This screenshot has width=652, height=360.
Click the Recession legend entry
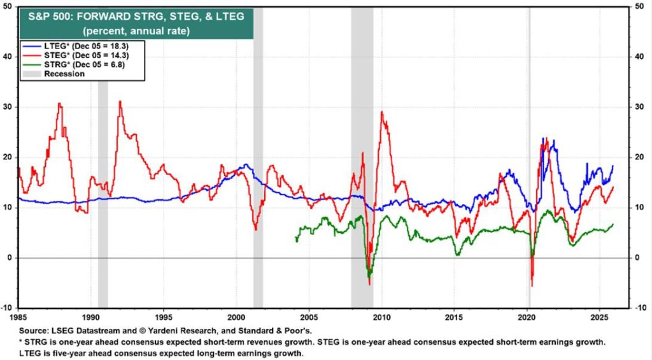point(64,74)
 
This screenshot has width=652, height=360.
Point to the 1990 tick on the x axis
point(90,317)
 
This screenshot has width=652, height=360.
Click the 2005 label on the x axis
point(309,317)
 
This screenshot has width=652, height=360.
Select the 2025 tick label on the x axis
point(599,317)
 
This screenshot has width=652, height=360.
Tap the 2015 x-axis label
point(454,317)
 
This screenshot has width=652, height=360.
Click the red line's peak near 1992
point(120,101)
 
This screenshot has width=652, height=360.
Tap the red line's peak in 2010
point(381,112)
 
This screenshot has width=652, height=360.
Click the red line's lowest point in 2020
point(532,286)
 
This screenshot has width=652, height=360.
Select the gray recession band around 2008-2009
point(362,159)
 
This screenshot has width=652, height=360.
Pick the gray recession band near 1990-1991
point(103,191)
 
